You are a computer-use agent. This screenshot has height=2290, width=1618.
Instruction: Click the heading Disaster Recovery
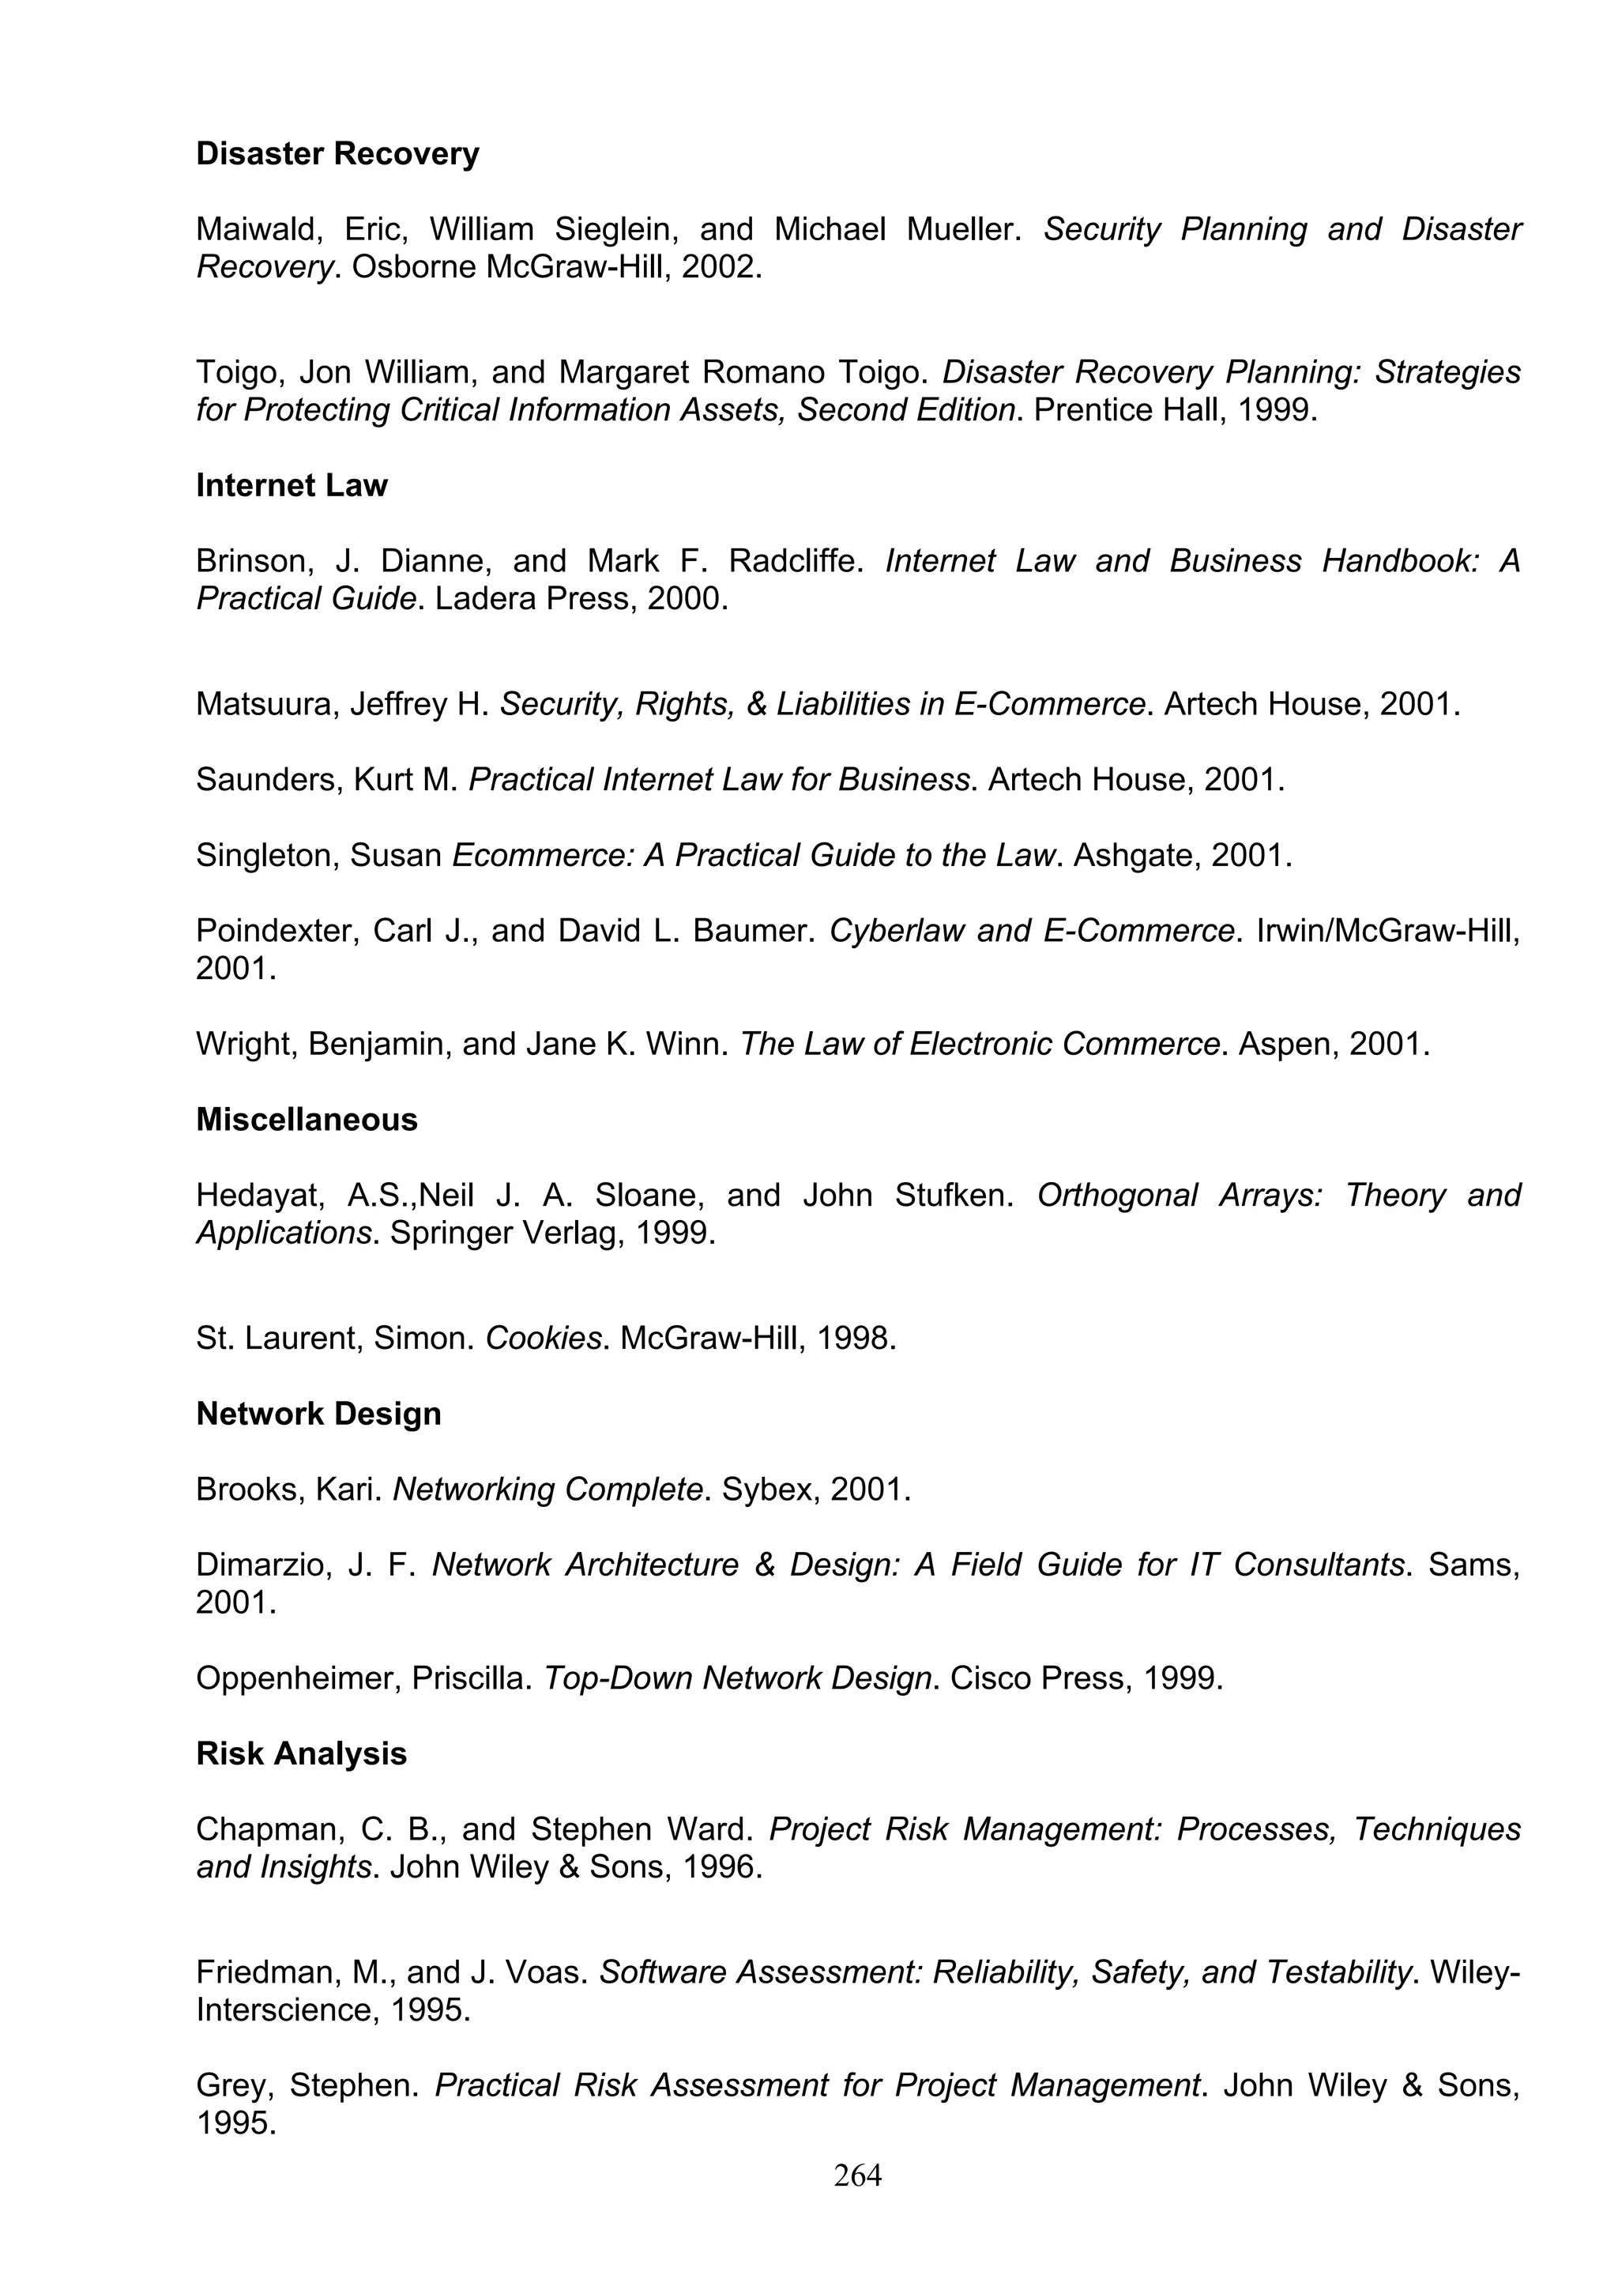(x=337, y=153)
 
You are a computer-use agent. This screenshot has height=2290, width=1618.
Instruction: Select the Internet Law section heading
(x=291, y=486)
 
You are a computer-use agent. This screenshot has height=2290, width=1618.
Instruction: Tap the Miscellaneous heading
(x=306, y=1119)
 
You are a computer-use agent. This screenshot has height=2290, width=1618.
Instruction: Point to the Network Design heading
(x=318, y=1414)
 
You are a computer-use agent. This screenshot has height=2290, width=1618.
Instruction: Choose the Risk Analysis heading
(x=301, y=1753)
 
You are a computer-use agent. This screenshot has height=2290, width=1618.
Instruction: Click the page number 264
(x=857, y=2175)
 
